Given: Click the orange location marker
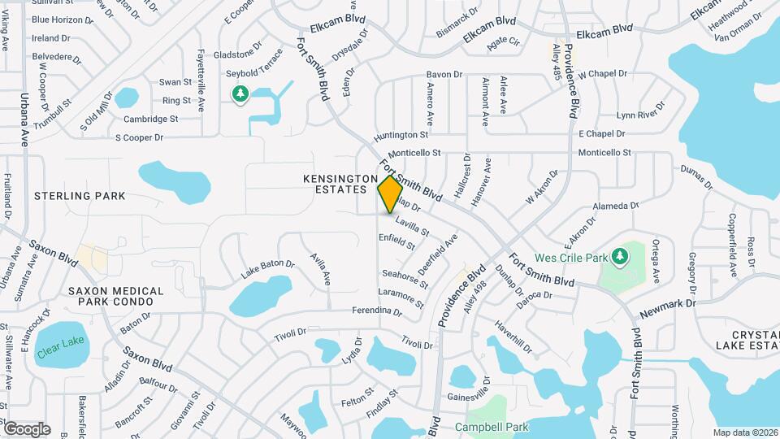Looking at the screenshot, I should click(390, 193).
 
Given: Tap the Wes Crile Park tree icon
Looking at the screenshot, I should click(620, 258).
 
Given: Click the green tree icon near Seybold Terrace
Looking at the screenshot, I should click(240, 96).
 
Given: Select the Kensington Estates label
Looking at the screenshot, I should click(341, 184).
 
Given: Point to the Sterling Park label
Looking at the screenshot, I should click(80, 196).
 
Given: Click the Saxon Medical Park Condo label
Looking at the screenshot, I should click(115, 296).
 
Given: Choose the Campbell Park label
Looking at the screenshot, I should click(492, 428).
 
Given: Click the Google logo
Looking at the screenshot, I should click(27, 428).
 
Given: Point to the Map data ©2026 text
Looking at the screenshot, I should click(744, 432).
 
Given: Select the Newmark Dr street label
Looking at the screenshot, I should click(668, 303).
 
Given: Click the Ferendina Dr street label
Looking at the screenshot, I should click(377, 311).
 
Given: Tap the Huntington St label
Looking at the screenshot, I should click(401, 135).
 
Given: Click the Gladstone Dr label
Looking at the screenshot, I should click(238, 54).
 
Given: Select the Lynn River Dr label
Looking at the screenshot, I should click(641, 111).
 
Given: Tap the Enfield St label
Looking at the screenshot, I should click(397, 241).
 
